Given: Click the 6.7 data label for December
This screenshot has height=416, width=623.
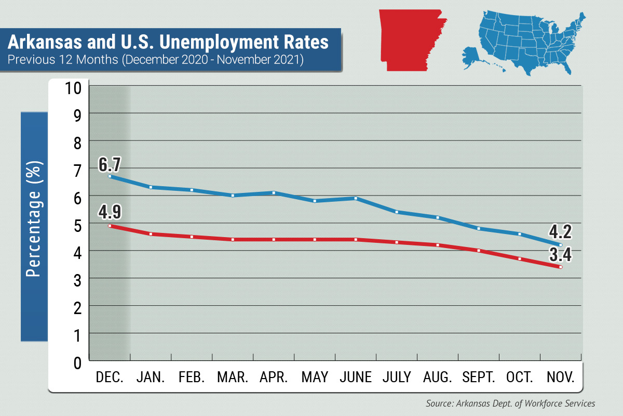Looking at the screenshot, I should (x=110, y=165).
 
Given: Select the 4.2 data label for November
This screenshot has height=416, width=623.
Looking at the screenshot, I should (x=560, y=231).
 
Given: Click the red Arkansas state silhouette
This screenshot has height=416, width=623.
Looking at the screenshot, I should (x=410, y=39).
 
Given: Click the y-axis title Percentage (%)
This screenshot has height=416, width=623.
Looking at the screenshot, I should (x=34, y=218).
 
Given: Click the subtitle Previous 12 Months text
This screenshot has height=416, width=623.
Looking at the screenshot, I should (x=155, y=59).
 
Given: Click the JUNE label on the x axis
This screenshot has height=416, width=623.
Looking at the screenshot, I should (x=356, y=377).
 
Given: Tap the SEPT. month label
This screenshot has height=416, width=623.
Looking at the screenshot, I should (x=479, y=377).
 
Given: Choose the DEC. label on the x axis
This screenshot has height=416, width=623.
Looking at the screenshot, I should (x=110, y=377).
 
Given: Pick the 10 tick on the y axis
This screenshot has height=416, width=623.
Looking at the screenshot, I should (x=74, y=87).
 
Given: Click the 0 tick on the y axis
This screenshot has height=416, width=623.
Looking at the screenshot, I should (x=77, y=362).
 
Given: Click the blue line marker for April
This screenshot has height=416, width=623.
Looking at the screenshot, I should (x=274, y=193).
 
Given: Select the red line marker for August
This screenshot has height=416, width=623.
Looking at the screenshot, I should (x=438, y=245).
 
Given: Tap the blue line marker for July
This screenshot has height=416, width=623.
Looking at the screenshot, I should (x=397, y=212).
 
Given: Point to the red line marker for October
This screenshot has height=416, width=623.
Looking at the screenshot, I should (x=520, y=258).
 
